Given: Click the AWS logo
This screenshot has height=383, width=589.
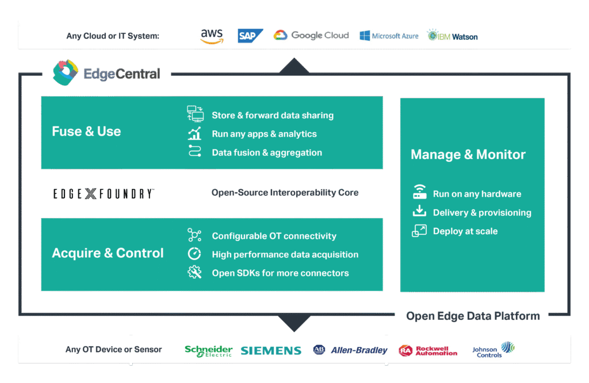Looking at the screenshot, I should (x=212, y=36).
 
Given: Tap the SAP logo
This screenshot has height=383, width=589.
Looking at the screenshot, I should (x=250, y=36).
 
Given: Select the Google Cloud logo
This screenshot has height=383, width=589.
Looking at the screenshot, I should (x=311, y=36).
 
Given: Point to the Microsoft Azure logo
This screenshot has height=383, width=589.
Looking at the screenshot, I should (x=389, y=36).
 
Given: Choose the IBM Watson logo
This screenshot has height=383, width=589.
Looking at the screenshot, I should (x=453, y=36).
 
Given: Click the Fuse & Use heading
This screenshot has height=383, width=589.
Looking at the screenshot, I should (x=86, y=131).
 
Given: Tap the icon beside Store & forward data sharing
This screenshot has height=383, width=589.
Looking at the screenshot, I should (x=196, y=114).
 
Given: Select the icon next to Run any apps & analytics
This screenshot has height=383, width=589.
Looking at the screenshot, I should (x=195, y=134).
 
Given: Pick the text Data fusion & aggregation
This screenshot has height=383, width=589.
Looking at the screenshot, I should (x=267, y=153).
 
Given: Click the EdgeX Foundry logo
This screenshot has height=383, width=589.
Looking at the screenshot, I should (x=104, y=194).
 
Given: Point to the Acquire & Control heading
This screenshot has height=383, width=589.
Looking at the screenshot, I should (x=108, y=253).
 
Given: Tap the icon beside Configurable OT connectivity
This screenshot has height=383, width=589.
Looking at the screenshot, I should (x=194, y=235).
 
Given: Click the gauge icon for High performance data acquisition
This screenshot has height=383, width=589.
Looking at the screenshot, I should (x=194, y=254).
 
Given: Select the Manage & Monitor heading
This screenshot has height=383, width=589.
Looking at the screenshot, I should (x=468, y=154).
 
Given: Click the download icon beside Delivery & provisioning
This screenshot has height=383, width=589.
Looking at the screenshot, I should (x=419, y=212).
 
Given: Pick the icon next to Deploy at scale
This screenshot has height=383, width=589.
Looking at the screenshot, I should (x=419, y=231).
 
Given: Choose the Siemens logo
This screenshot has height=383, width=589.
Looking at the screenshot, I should (x=271, y=350).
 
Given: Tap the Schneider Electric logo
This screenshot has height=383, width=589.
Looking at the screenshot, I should (x=208, y=350).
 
